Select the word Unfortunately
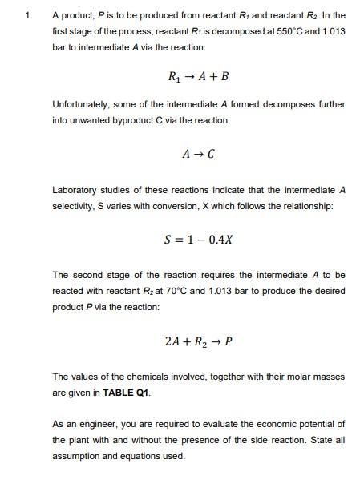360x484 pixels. click(x=80, y=105)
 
